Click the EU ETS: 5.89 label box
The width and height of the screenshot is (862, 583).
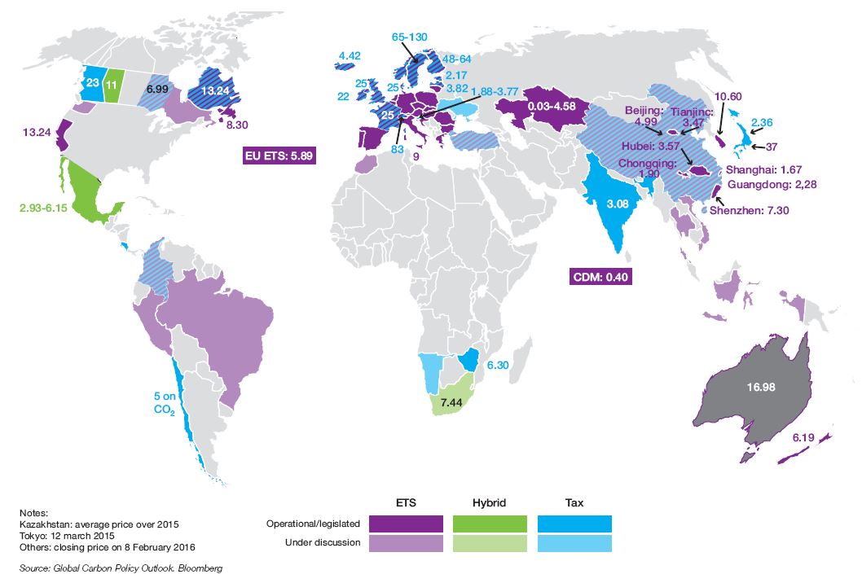279,156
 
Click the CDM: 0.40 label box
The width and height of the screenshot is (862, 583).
600,277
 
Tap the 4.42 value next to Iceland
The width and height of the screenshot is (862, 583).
348,56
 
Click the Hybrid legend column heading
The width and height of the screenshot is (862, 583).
490,503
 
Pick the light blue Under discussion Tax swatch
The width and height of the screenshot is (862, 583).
574,542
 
